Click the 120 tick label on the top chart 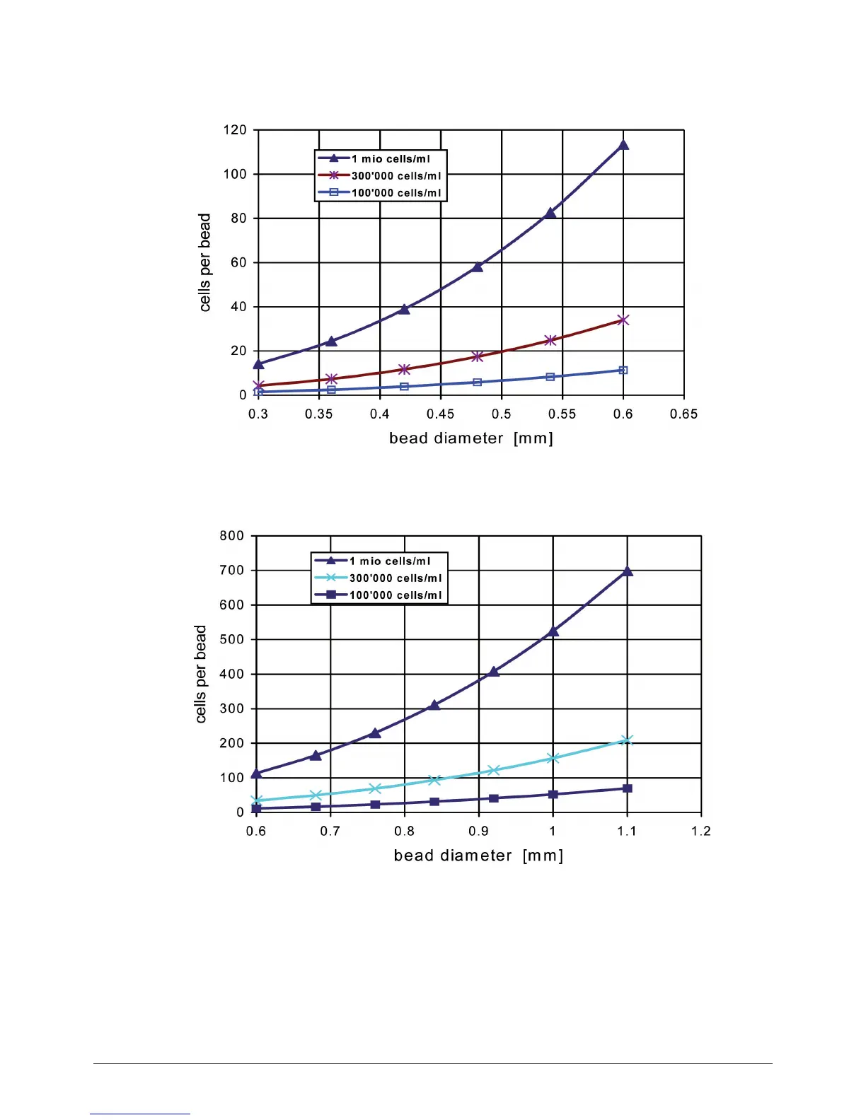point(235,130)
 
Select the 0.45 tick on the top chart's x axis point(440,414)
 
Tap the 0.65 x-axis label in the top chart point(683,414)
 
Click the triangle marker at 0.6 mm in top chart point(623,145)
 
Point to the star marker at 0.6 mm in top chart point(623,320)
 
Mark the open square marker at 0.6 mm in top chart point(623,371)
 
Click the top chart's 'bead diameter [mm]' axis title point(471,438)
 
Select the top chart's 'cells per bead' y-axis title point(205,262)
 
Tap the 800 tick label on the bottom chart point(232,536)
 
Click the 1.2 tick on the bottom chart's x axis point(701,832)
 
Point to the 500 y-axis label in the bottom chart point(232,639)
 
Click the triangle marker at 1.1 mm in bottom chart point(628,571)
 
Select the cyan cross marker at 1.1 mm point(628,740)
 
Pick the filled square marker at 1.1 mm point(628,788)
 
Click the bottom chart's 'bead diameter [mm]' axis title point(478,856)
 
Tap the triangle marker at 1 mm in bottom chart point(553,631)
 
